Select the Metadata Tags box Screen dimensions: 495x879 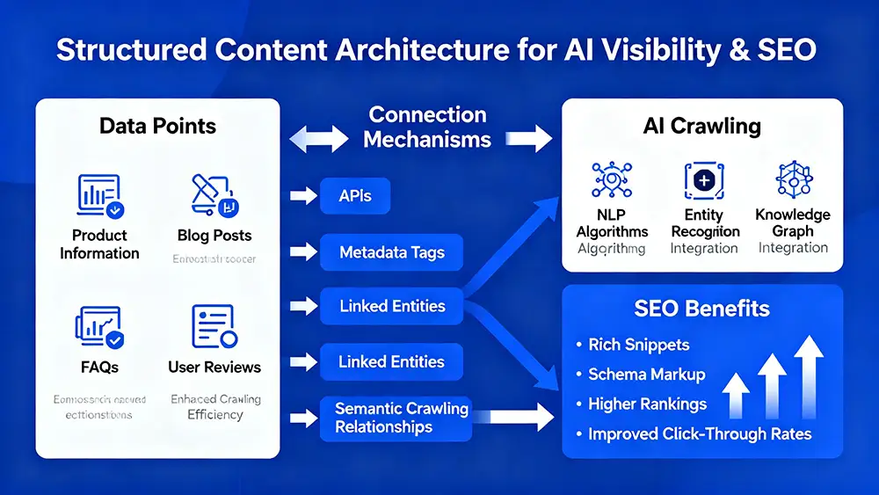pyautogui.click(x=391, y=252)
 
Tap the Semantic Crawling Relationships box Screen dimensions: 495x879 pyautogui.click(x=402, y=418)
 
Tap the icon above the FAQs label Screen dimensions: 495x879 pyautogui.click(x=99, y=327)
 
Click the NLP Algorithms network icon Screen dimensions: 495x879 pyautogui.click(x=612, y=180)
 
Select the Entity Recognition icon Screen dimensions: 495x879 pyautogui.click(x=705, y=180)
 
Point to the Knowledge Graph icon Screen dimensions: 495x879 pyautogui.click(x=793, y=180)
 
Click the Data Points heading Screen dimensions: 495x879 pyautogui.click(x=158, y=125)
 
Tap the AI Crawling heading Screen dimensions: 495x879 pyautogui.click(x=702, y=125)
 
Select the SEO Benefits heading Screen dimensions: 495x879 pyautogui.click(x=702, y=309)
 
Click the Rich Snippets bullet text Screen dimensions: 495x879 pyautogui.click(x=639, y=345)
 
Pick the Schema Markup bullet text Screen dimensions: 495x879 pyautogui.click(x=647, y=375)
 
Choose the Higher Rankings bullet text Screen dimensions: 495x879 pyautogui.click(x=648, y=404)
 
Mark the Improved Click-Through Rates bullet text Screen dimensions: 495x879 pyautogui.click(x=700, y=434)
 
